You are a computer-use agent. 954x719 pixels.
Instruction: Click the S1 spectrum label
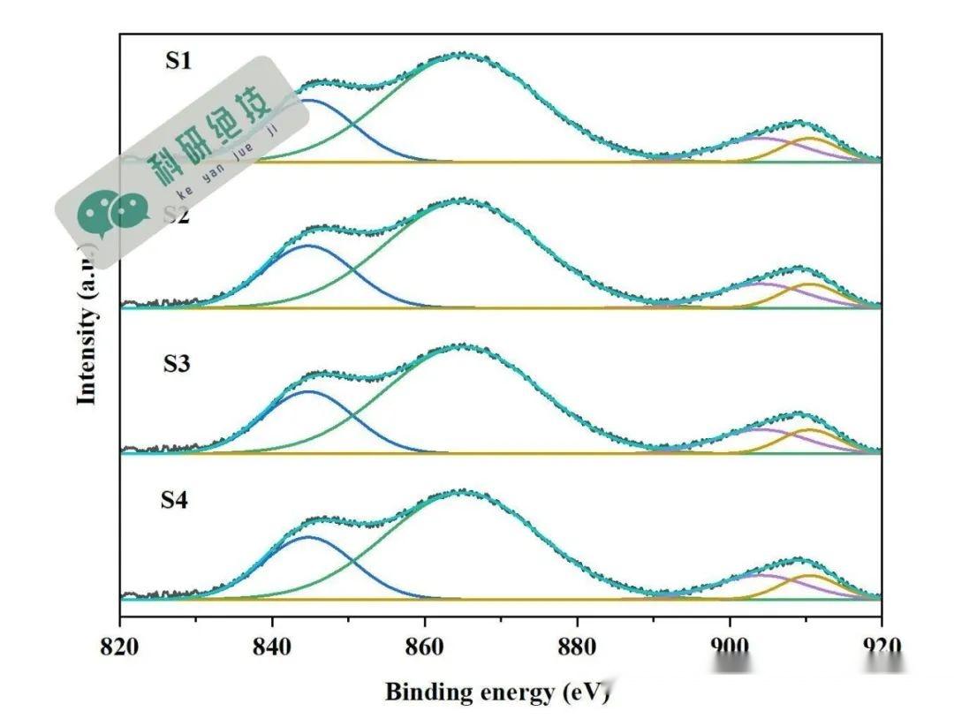point(178,62)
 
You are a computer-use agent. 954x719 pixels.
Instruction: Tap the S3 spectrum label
point(177,363)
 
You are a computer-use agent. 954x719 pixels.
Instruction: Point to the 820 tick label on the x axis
point(119,647)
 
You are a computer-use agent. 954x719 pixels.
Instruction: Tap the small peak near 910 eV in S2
point(800,268)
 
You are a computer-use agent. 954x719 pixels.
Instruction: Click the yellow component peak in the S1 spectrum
point(811,139)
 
